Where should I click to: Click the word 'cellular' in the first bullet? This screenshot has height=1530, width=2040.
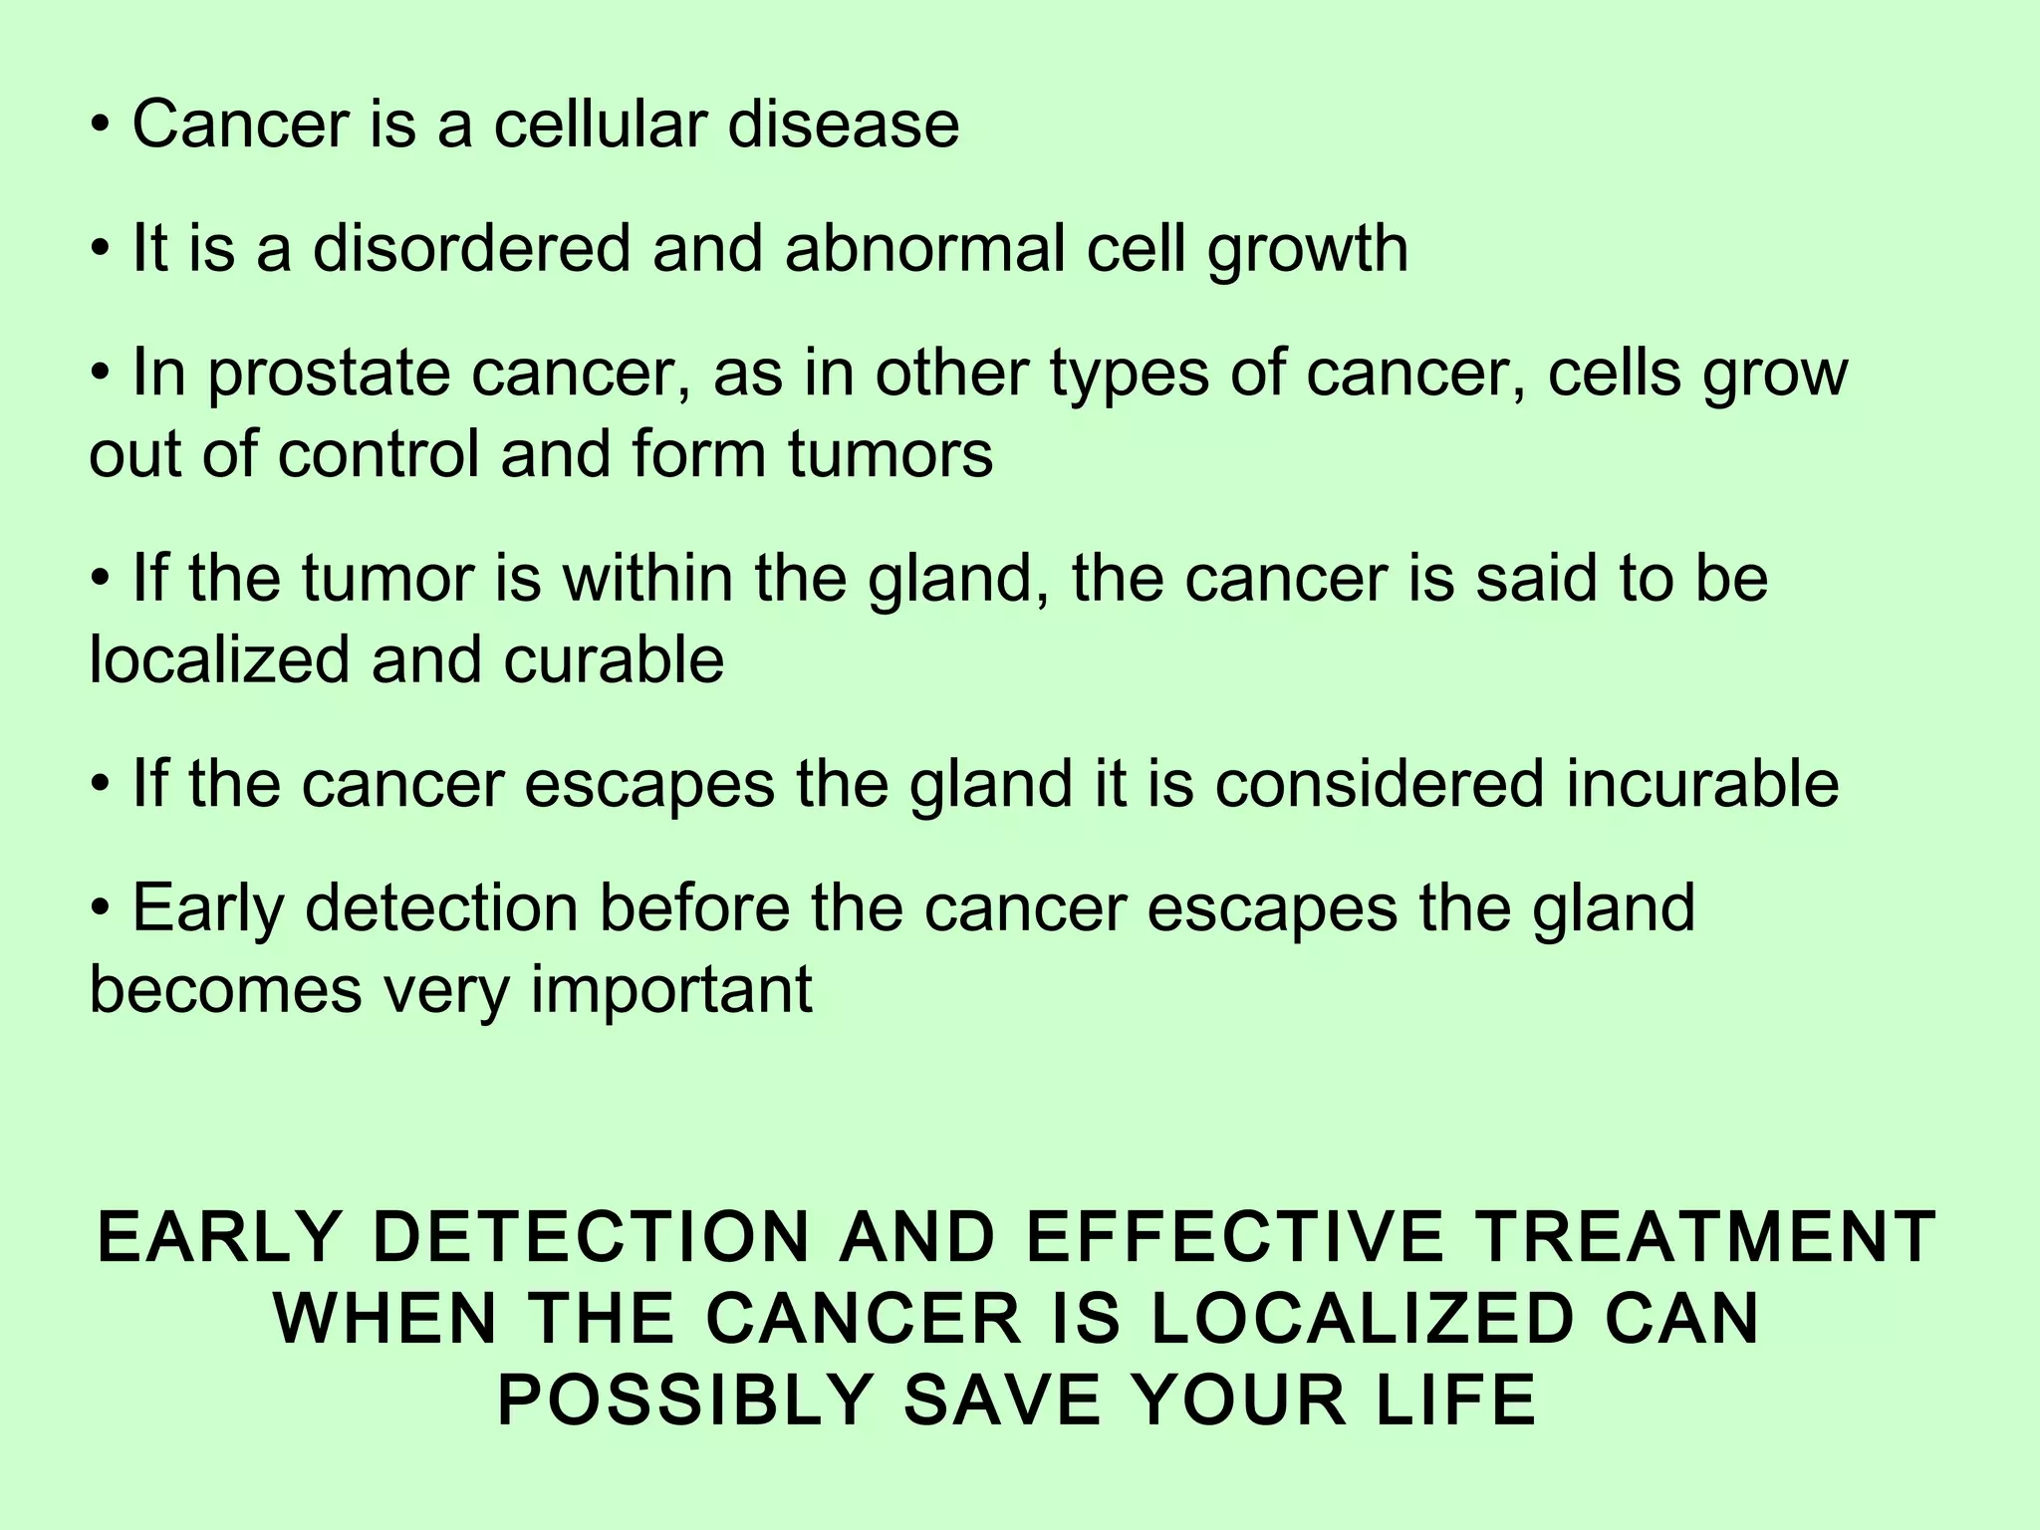(x=600, y=125)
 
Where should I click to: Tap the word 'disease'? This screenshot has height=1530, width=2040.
(x=843, y=125)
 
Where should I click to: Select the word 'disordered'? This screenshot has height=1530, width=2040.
(x=471, y=248)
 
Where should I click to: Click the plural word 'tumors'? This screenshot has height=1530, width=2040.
(x=891, y=454)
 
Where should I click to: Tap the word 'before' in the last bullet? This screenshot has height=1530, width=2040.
(x=694, y=907)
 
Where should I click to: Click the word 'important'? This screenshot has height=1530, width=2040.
(x=671, y=992)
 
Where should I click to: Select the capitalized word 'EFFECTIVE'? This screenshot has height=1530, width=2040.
(x=1234, y=1237)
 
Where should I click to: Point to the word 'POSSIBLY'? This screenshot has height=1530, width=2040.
(x=686, y=1401)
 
